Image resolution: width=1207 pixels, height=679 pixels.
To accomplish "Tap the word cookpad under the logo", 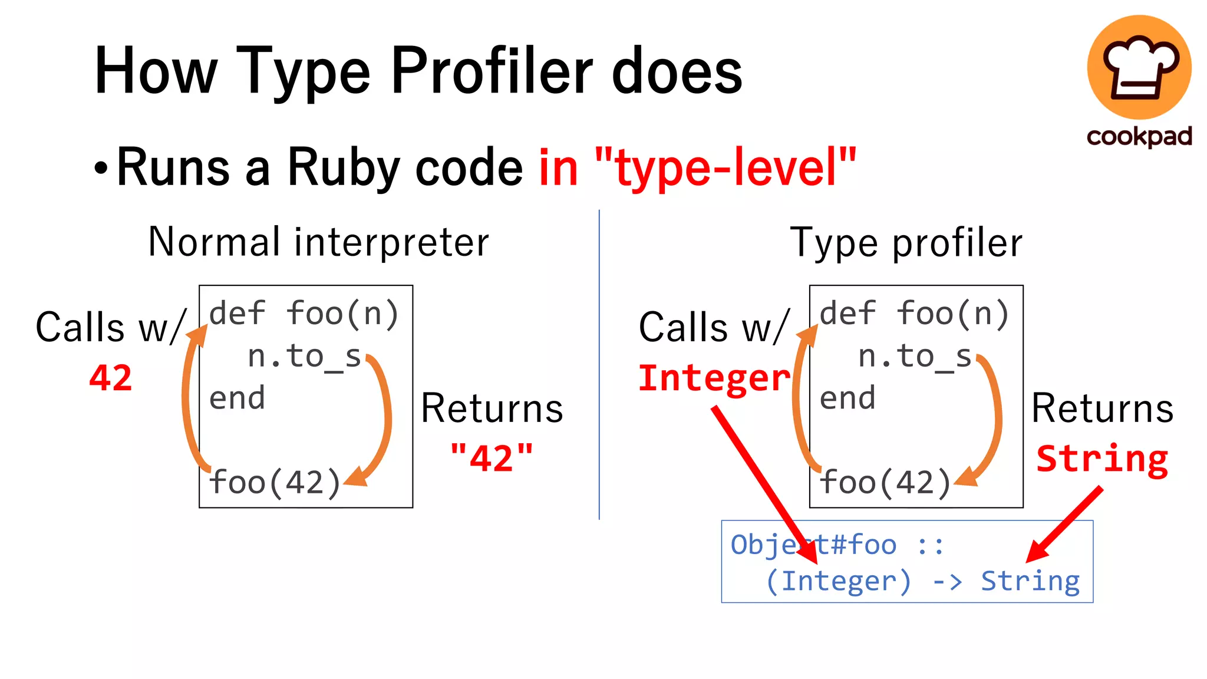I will point(1139,137).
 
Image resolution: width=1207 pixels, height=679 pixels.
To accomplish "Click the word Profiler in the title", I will point(492,72).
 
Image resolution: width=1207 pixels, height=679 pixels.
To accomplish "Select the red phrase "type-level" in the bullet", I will point(725,168).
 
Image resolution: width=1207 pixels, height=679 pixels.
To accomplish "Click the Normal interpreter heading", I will point(318,242).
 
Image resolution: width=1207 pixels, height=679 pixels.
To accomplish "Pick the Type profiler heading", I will point(906,243).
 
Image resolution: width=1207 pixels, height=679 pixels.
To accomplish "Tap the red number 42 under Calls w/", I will point(110,378).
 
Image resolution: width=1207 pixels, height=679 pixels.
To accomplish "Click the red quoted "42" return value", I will point(492,458).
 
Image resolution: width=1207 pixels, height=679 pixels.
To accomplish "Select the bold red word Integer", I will point(714,378).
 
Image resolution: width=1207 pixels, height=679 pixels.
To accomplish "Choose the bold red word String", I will point(1102,459).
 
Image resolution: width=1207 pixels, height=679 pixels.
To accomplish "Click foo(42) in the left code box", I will point(275,483).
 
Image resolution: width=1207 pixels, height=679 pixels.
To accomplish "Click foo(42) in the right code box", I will point(885,483).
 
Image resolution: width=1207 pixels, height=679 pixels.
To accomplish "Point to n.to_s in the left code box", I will point(304,357).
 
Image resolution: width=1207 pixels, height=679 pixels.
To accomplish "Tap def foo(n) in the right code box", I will point(914,314).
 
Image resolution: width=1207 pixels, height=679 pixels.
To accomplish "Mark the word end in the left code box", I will point(237,398).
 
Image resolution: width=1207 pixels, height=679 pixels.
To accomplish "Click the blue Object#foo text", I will point(813,545).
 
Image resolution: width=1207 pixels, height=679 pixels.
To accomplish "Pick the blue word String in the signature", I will point(1030,582).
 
